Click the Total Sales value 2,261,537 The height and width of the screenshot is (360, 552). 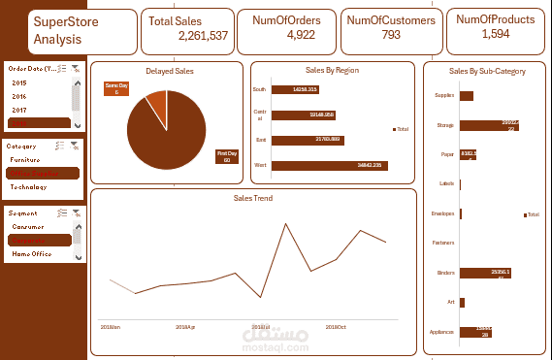coord(204,35)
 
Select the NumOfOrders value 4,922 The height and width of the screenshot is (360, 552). coord(301,35)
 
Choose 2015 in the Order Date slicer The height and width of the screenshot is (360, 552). coord(19,83)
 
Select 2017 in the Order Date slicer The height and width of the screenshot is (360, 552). coord(19,110)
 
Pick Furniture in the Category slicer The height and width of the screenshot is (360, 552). coord(26,158)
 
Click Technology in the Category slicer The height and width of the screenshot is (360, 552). coord(28,186)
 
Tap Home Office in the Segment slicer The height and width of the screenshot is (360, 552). coord(31,253)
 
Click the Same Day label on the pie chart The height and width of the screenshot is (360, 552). coord(115,89)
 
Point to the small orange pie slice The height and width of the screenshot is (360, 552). coord(155,101)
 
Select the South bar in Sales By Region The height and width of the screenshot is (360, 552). coord(292,89)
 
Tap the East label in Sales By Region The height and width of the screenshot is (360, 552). coord(259,140)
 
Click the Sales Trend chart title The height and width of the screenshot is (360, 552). coord(252,198)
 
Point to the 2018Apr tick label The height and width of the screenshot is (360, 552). coord(184,327)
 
